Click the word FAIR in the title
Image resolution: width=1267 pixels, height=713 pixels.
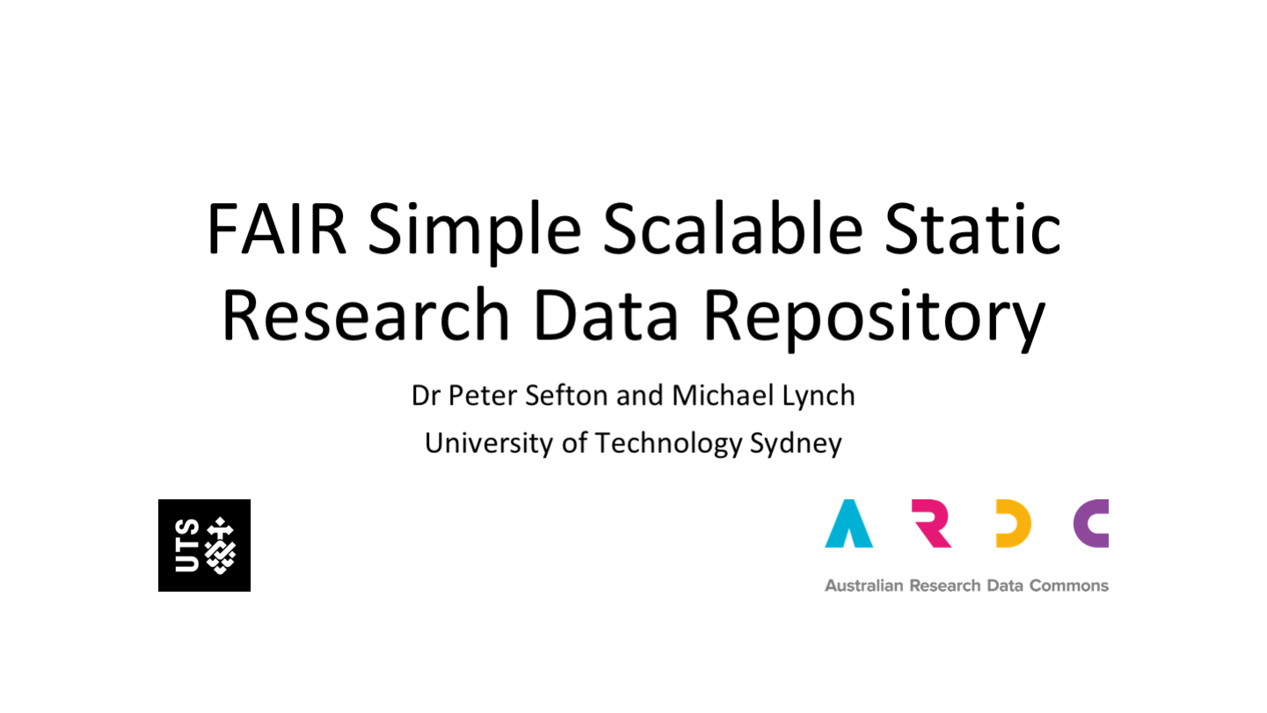tap(277, 229)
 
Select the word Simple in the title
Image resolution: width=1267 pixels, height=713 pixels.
tap(475, 233)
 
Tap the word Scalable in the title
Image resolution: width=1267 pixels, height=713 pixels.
tap(733, 228)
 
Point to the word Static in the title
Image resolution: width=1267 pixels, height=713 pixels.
tap(972, 228)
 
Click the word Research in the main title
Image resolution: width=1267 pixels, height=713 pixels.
tap(367, 315)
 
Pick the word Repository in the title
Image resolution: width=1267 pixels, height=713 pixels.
tap(874, 319)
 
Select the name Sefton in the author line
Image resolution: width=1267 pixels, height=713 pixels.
tap(566, 396)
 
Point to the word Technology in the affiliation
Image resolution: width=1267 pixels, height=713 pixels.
tap(668, 444)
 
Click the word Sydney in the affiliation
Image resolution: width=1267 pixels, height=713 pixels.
tap(796, 444)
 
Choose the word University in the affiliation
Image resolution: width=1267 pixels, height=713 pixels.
tap(489, 443)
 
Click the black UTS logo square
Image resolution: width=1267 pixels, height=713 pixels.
tap(204, 546)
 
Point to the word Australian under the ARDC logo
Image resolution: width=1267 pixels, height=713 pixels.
tap(863, 586)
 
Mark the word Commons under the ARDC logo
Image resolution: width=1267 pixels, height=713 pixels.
tap(1069, 586)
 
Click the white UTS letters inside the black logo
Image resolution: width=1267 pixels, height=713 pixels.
tap(187, 546)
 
